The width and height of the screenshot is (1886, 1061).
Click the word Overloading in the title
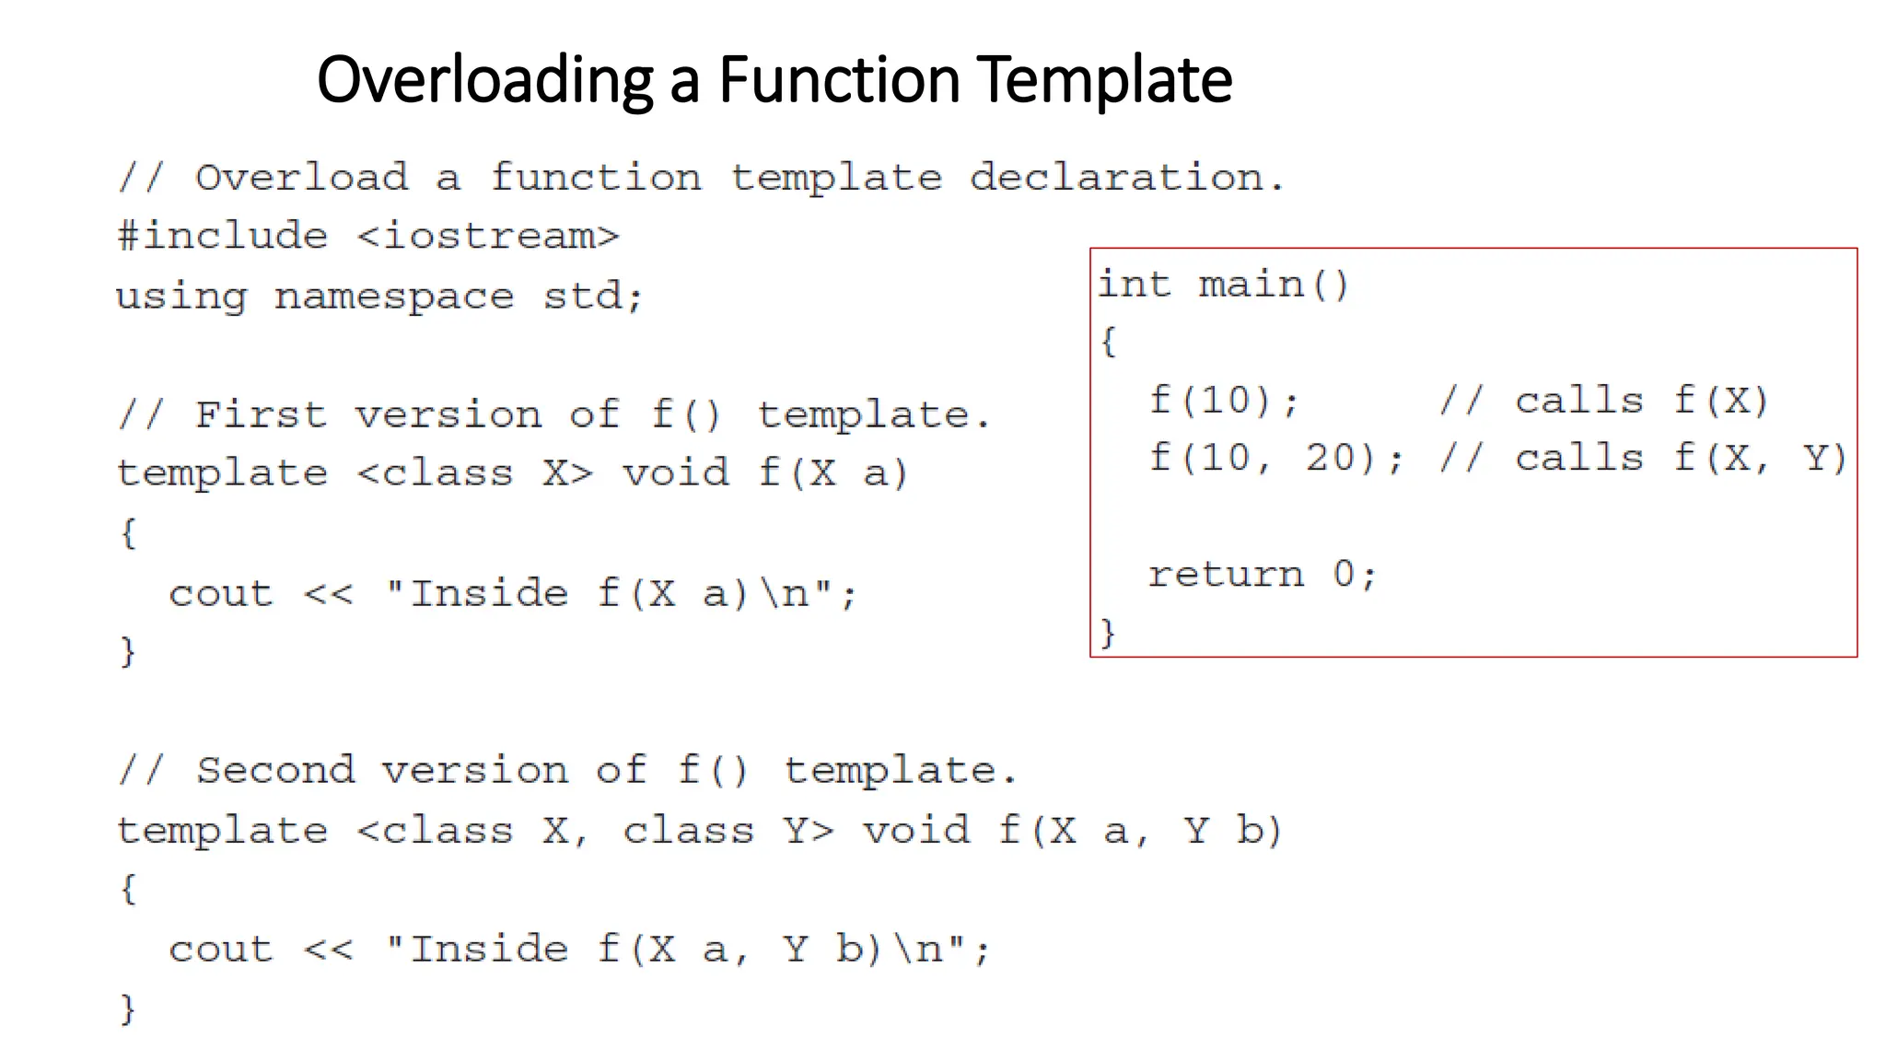click(x=484, y=81)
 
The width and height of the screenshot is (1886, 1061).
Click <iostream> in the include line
click(x=488, y=237)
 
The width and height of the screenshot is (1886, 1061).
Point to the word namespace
click(x=394, y=297)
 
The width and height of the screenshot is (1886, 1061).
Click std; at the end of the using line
click(x=592, y=297)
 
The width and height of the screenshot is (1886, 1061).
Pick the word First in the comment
click(x=262, y=415)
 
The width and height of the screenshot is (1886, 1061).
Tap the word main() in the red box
click(x=1274, y=285)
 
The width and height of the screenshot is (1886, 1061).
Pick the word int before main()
click(x=1134, y=285)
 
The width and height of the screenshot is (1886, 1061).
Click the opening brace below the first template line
click(x=129, y=533)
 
